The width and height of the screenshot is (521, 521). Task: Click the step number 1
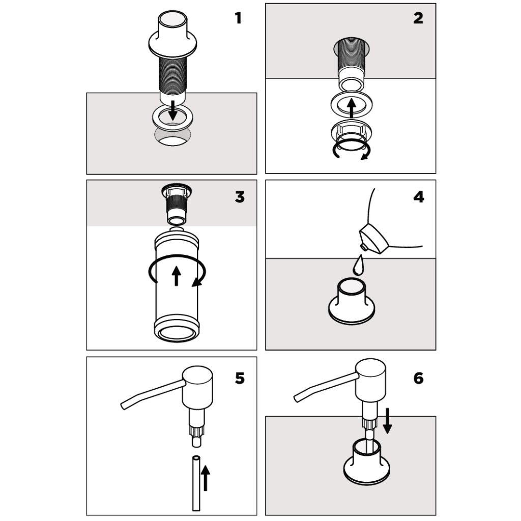[238, 18]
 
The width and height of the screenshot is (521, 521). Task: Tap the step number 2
[418, 18]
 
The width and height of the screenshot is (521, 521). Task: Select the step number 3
[240, 197]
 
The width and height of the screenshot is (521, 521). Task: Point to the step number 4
[419, 197]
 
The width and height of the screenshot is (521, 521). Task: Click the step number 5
[240, 378]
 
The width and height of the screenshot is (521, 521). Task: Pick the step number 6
[418, 378]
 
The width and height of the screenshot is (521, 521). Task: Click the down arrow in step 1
[172, 110]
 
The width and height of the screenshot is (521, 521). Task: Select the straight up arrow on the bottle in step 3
[177, 276]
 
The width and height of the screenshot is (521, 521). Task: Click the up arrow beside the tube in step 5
[206, 478]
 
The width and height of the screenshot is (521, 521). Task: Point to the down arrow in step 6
[387, 421]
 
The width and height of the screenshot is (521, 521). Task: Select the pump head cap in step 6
[370, 380]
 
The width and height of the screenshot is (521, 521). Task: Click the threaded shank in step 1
[172, 74]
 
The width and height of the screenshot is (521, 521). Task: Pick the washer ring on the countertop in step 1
[173, 119]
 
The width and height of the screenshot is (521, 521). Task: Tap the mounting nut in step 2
[351, 131]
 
